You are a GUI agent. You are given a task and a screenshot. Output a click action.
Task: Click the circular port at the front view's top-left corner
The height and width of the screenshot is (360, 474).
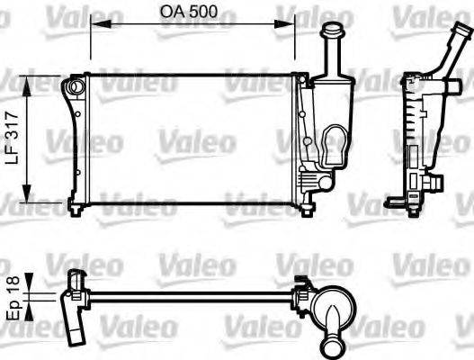[x=74, y=87]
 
